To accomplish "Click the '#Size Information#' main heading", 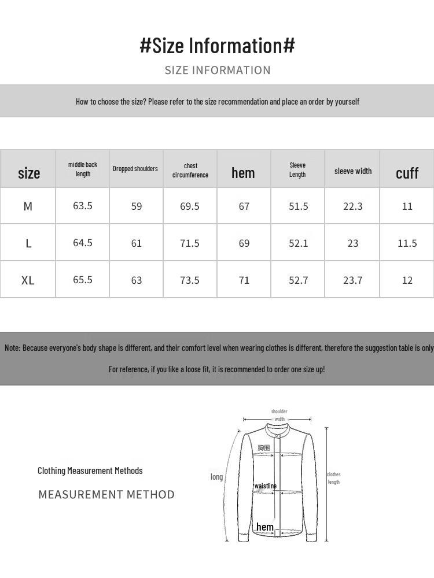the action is (217, 46).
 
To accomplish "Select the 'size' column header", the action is (29, 173).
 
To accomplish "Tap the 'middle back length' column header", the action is (83, 169).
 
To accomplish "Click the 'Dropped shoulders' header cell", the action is (135, 169).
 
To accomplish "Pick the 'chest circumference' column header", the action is (190, 170).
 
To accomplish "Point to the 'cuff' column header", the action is (407, 173).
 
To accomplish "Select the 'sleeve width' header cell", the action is (353, 171).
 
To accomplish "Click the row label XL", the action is (28, 280).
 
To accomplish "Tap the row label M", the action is (28, 206).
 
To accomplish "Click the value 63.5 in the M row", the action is (83, 206).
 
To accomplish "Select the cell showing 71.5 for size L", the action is (190, 243).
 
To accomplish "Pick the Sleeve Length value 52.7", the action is (298, 280).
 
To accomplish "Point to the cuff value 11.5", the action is (407, 243).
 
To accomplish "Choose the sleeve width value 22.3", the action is (352, 206).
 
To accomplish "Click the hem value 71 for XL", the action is (244, 280).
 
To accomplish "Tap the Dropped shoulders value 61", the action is (137, 243).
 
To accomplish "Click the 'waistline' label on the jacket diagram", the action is (266, 486).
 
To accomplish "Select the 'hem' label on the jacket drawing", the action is (265, 527).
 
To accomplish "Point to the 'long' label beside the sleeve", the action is (216, 477).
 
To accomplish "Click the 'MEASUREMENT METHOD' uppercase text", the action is (106, 495).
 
